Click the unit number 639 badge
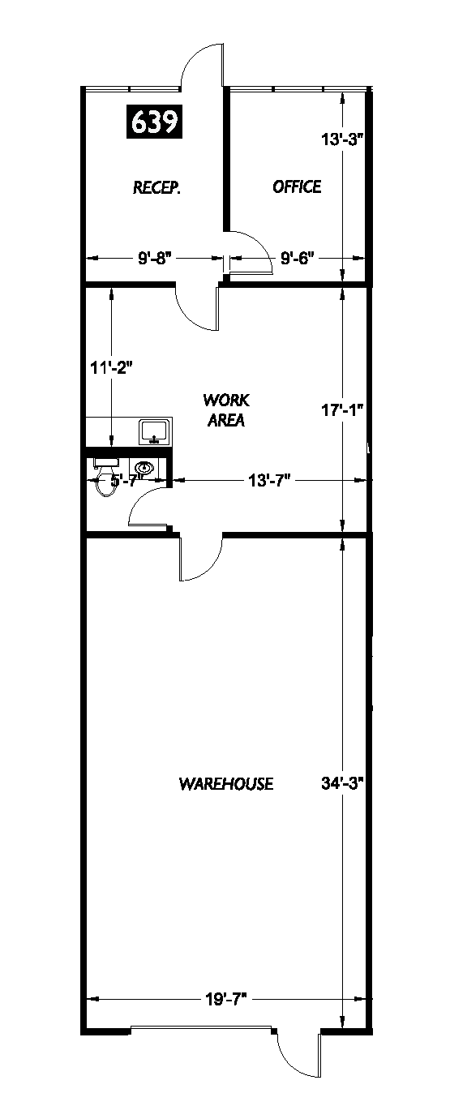coord(155,122)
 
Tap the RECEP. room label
coord(156,188)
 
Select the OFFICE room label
coord(297,186)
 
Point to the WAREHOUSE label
coord(225,783)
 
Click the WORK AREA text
coord(226,409)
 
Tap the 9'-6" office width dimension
coord(298,259)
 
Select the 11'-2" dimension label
coord(111,367)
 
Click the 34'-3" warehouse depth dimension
coord(341,783)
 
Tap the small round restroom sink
coord(145,468)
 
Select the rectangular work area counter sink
coord(153,431)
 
